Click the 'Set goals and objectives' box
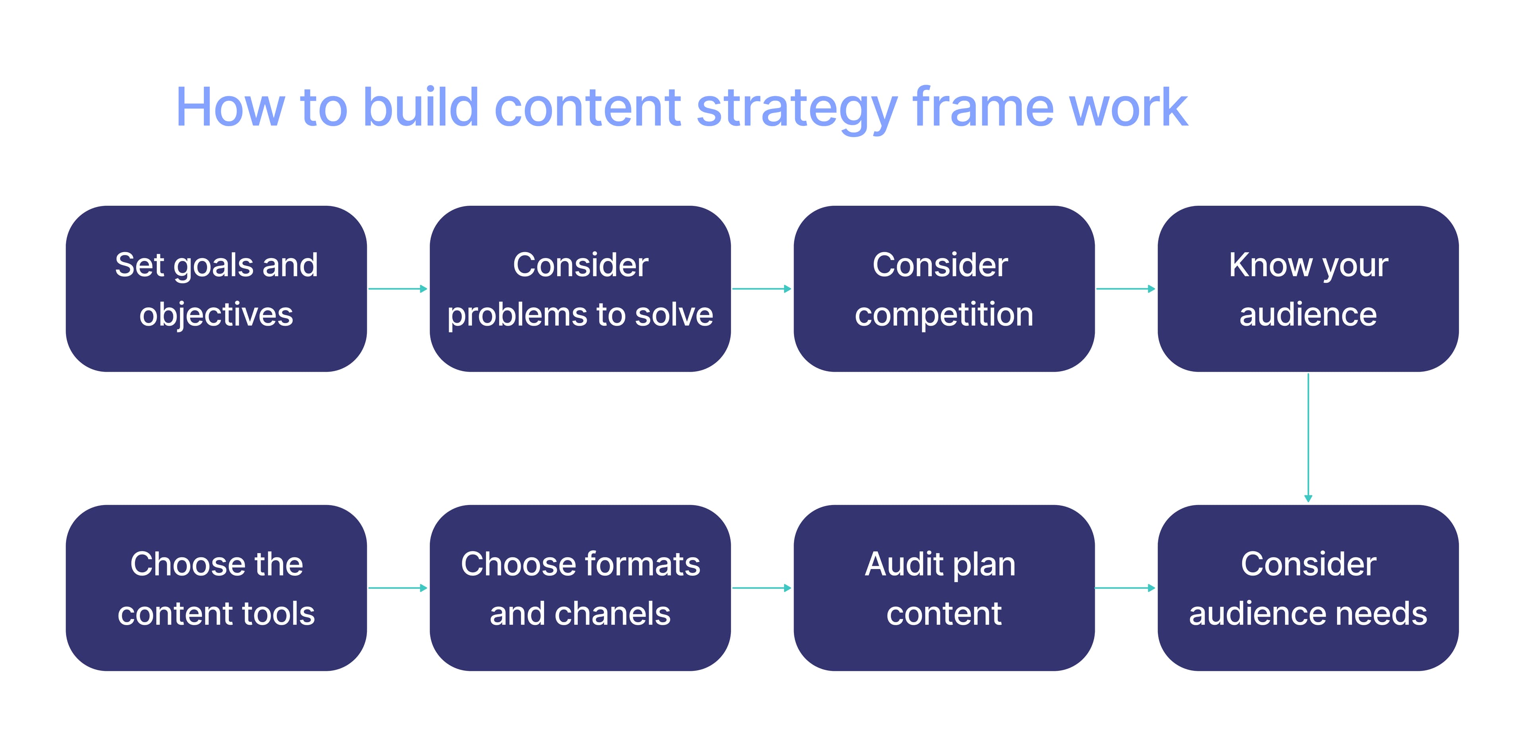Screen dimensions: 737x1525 (216, 289)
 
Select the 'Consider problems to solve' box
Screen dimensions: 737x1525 (580, 289)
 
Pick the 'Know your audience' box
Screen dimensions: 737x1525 (1308, 289)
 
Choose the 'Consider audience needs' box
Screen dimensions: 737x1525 (1308, 588)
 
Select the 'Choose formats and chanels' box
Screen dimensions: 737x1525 (580, 588)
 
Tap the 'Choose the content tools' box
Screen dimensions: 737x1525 (216, 588)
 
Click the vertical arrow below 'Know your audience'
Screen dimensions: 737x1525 (1308, 438)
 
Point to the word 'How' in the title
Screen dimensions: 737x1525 (230, 108)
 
